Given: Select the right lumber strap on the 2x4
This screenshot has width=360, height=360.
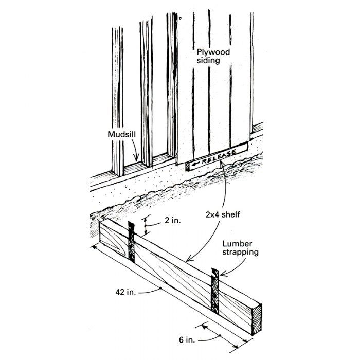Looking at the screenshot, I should pos(215,291).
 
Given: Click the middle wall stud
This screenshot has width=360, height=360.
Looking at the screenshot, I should pos(146,93).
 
